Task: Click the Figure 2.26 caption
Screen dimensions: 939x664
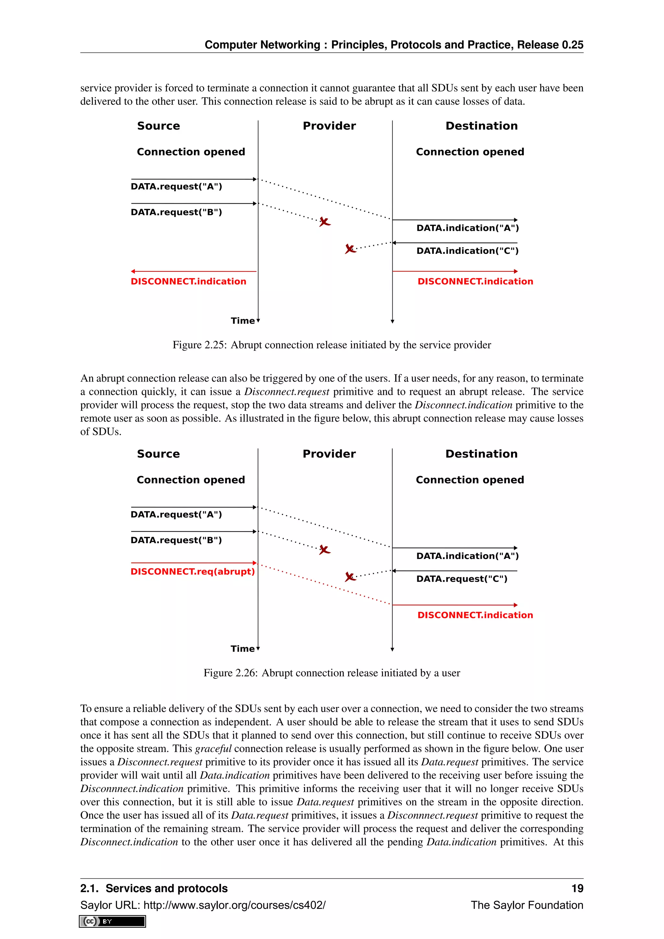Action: [x=332, y=673]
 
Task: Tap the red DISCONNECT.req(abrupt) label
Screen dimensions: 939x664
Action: [x=193, y=571]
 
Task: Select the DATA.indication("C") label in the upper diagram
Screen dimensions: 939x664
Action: [x=467, y=251]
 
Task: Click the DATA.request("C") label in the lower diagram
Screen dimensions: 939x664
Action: [x=462, y=579]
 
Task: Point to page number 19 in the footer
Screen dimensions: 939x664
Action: [x=577, y=888]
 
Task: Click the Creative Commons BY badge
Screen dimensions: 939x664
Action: [x=113, y=921]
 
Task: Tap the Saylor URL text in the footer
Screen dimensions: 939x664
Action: [x=203, y=905]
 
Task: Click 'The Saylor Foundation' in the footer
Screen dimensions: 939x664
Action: [x=527, y=905]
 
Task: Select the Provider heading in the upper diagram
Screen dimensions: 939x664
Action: [x=329, y=126]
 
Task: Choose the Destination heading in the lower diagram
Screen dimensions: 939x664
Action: [x=481, y=454]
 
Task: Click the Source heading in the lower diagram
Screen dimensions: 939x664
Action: [x=158, y=454]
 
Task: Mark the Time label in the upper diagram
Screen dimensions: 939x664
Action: [x=243, y=321]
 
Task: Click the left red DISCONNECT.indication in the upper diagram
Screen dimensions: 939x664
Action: [x=188, y=281]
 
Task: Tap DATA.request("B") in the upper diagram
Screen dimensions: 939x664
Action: [x=176, y=212]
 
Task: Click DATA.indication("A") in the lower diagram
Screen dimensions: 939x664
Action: [x=467, y=556]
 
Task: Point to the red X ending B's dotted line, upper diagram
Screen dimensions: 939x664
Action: [x=325, y=222]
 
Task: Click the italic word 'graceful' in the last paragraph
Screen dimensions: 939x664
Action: [x=213, y=748]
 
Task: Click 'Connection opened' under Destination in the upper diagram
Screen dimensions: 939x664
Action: [x=470, y=152]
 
